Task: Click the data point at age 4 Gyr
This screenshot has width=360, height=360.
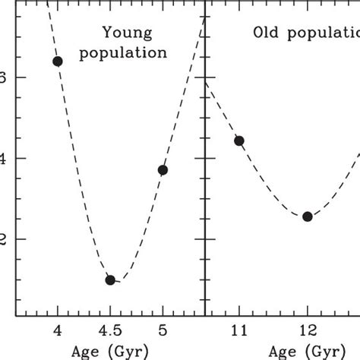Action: pyautogui.click(x=58, y=61)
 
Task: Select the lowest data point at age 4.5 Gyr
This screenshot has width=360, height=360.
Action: pyautogui.click(x=110, y=279)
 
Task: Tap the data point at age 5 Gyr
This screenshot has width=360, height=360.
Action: pyautogui.click(x=163, y=169)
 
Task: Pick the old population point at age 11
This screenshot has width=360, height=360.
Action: pyautogui.click(x=239, y=141)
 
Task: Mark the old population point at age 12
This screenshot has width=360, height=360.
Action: pyautogui.click(x=308, y=216)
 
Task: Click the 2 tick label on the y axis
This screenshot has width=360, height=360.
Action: pyautogui.click(x=3, y=238)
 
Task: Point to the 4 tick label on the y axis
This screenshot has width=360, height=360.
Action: pyautogui.click(x=3, y=158)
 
